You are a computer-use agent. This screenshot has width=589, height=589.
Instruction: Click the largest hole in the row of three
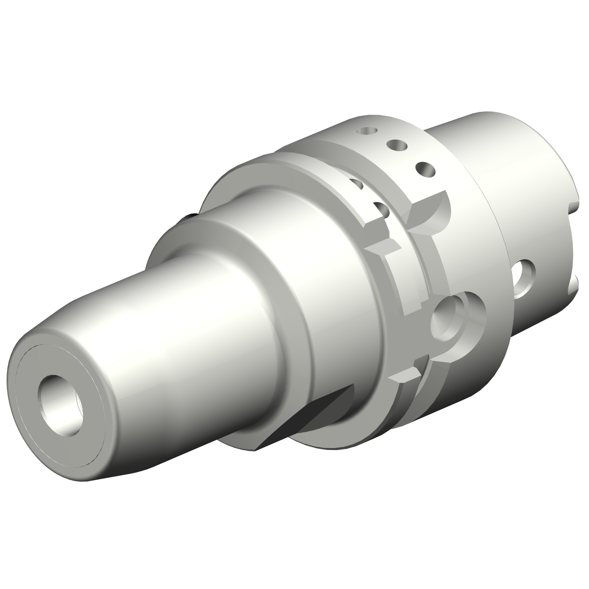(x=425, y=170)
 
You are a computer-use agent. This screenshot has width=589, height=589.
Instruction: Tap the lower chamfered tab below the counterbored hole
(x=404, y=377)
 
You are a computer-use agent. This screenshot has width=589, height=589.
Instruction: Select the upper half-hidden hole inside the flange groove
(x=355, y=183)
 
